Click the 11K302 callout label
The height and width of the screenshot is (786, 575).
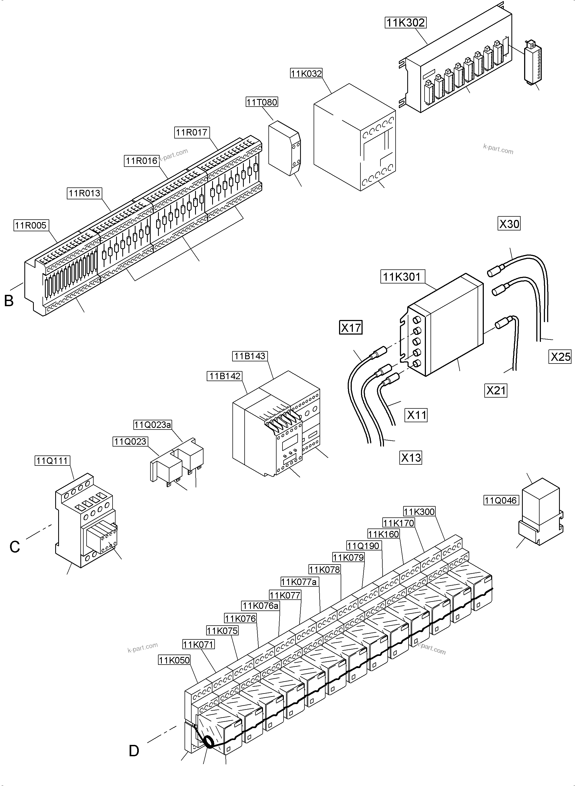(x=406, y=23)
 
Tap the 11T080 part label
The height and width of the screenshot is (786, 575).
(x=262, y=102)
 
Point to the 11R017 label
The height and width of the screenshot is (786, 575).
(x=192, y=132)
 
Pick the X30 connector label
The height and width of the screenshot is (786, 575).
(x=509, y=224)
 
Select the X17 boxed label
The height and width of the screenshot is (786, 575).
(x=350, y=328)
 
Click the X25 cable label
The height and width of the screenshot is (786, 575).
(x=560, y=357)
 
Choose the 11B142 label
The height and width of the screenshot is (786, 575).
(x=225, y=376)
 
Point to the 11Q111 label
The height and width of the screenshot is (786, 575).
(x=52, y=461)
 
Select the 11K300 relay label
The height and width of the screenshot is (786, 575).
(x=419, y=511)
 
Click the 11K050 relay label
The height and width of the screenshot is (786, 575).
(x=174, y=660)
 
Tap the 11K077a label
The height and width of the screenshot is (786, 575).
(x=299, y=582)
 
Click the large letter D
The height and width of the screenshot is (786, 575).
(x=134, y=751)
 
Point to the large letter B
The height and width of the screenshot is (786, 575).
(x=9, y=300)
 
